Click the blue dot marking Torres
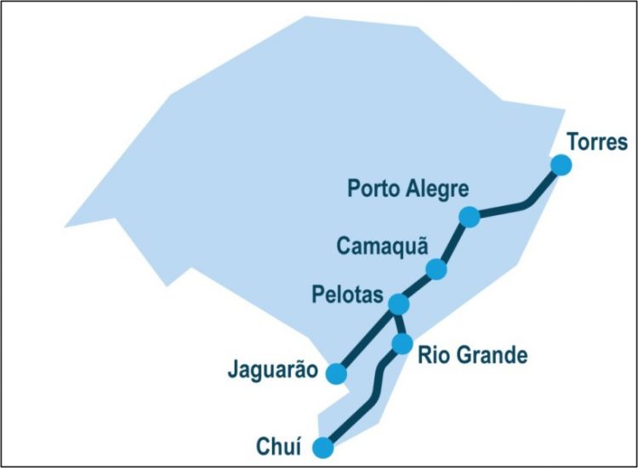click(x=561, y=165)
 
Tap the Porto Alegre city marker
click(x=469, y=217)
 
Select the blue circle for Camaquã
click(x=436, y=269)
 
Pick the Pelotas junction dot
click(x=398, y=303)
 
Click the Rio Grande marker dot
click(x=403, y=344)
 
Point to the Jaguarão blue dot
click(x=337, y=373)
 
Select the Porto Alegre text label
click(x=407, y=188)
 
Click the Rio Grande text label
click(x=472, y=355)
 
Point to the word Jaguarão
click(x=272, y=371)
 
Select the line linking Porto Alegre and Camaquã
click(x=453, y=243)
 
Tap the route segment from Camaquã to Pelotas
click(x=418, y=286)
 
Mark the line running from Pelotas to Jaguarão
click(x=367, y=338)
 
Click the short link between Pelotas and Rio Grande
click(x=401, y=323)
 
